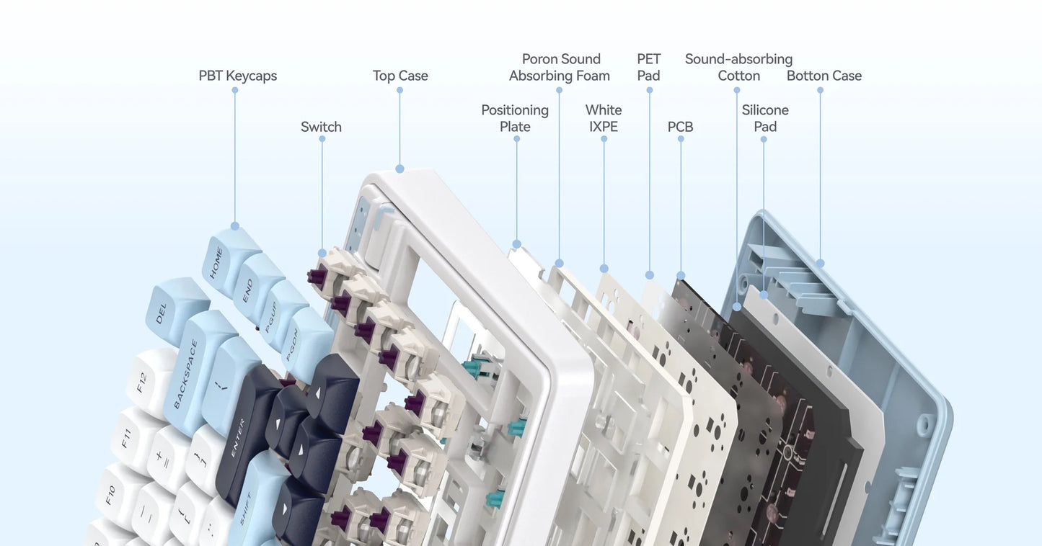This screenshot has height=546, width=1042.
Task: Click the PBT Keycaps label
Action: click(237, 76)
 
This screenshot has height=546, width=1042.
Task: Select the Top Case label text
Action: click(400, 76)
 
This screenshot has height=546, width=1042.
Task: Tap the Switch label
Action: click(321, 127)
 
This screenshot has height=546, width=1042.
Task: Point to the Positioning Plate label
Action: click(515, 118)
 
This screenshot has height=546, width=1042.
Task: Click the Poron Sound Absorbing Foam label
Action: click(560, 67)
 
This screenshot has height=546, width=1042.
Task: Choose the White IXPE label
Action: click(604, 118)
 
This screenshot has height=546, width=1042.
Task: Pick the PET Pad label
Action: click(648, 67)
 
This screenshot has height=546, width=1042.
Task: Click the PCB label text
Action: click(680, 127)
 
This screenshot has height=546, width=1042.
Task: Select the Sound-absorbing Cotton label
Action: click(738, 67)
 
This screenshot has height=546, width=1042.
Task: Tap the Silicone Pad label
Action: click(765, 118)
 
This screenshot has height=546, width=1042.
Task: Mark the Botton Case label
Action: click(824, 76)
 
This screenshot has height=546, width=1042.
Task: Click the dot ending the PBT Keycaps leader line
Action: click(234, 226)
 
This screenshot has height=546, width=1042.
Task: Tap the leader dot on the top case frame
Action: click(399, 169)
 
